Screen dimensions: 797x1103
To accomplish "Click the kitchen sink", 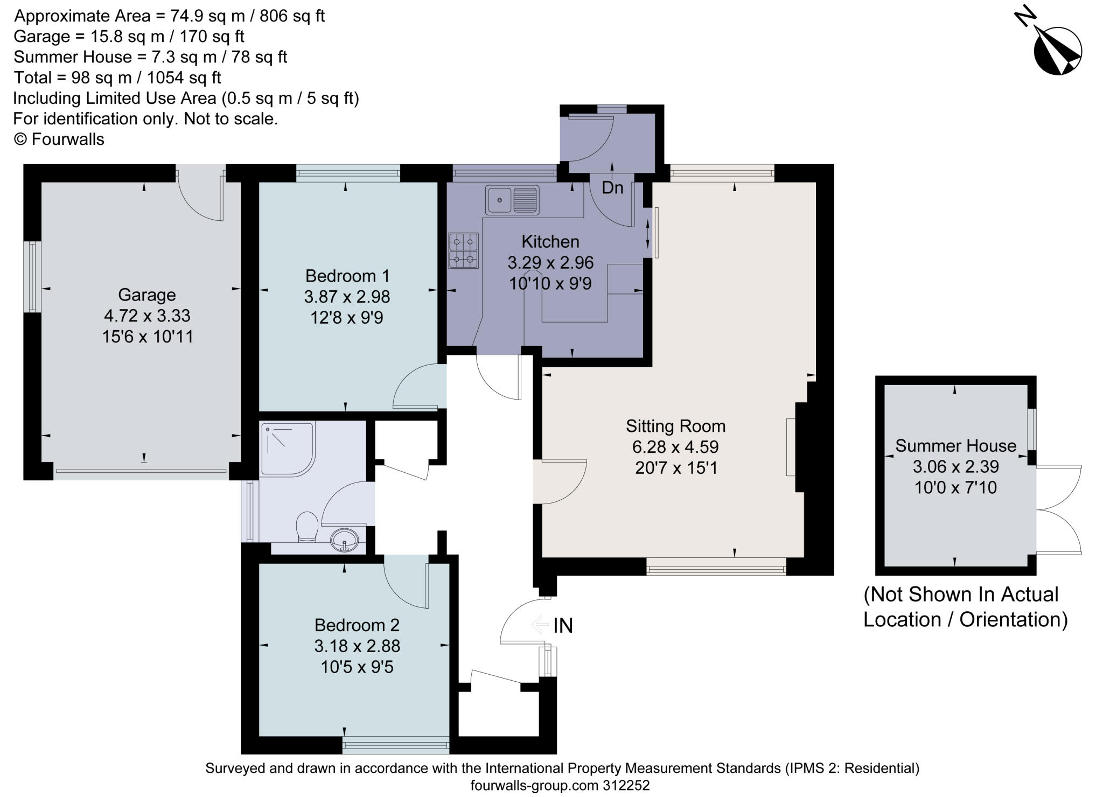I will (512, 200).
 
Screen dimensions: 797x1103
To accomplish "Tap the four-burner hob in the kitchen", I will (463, 250).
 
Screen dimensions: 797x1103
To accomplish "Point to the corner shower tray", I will (287, 449).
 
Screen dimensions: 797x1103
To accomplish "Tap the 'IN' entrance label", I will (563, 625).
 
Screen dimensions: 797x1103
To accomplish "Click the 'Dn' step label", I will (612, 187).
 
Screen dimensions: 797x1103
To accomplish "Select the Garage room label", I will (146, 295).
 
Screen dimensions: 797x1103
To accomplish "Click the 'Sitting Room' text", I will (675, 426).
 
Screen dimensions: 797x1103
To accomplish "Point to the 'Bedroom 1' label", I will (347, 276).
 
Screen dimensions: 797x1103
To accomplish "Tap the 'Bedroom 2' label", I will (357, 625).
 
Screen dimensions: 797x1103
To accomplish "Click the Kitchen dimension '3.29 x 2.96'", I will (550, 262).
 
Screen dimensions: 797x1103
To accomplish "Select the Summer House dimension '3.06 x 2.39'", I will (955, 466).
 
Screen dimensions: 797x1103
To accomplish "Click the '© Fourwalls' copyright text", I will (59, 139).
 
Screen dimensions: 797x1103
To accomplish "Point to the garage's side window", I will (33, 277).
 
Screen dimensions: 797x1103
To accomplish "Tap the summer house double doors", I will (1058, 509).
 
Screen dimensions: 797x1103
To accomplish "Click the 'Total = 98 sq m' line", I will (117, 78).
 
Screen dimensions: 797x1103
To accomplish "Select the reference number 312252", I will (625, 785).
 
